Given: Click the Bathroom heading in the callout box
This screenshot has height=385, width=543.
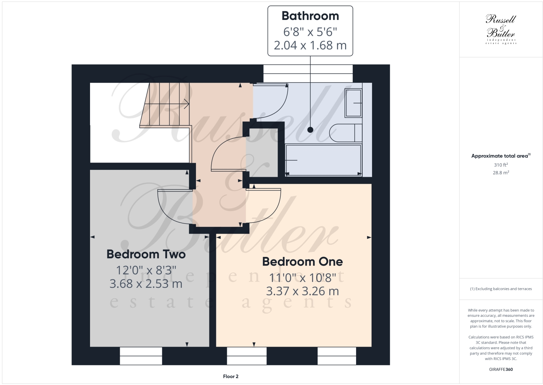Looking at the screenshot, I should coord(310,16).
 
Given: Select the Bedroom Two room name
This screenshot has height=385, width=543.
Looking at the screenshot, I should coord(146,254).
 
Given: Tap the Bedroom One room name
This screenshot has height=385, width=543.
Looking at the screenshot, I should coord(302,261).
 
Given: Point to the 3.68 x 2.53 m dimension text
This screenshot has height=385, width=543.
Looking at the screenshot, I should coord(146,284).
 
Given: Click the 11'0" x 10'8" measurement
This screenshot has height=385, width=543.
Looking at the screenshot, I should coord(302,278).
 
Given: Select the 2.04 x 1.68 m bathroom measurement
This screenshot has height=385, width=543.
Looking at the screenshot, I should coord(310,45).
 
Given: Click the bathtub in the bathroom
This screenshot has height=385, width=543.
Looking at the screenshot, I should coord(323,160).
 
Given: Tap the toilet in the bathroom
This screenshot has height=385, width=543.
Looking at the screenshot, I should coord(347,133).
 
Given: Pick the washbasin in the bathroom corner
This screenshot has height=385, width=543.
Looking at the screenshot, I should coord(353,103).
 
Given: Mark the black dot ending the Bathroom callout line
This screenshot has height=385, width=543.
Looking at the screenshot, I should coord(310,130).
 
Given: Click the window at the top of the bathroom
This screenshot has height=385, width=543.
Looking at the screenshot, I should coord(308,74).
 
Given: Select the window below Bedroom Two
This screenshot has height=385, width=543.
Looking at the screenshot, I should coord(141,356).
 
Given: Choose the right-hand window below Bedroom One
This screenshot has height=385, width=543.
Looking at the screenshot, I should coord(336,356).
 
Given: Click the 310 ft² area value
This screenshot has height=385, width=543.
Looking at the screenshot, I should coord(501,165).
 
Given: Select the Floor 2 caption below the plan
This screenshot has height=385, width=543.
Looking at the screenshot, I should coord(230,376).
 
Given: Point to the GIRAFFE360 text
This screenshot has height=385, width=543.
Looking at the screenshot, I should coord(501,370).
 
